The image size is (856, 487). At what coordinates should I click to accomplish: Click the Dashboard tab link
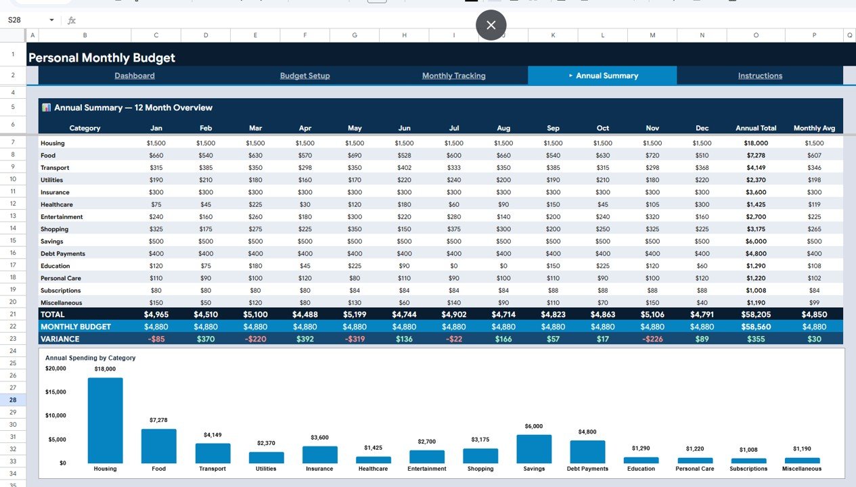click(x=134, y=76)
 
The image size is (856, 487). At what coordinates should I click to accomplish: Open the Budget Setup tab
click(x=305, y=76)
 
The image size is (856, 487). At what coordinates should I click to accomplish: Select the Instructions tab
click(x=760, y=76)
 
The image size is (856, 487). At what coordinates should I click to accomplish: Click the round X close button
click(x=491, y=25)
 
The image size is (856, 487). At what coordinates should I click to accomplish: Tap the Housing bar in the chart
click(x=105, y=421)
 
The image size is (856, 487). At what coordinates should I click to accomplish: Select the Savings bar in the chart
click(x=534, y=449)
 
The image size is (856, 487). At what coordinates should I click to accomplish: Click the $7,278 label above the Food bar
click(x=158, y=420)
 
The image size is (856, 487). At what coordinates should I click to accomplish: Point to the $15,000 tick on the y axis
click(x=55, y=392)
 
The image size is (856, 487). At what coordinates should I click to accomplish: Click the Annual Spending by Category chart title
click(x=90, y=358)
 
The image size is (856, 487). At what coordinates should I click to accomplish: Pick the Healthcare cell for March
click(x=255, y=204)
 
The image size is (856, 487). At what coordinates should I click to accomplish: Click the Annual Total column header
click(x=756, y=128)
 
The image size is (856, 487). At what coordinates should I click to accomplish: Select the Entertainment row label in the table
click(x=62, y=216)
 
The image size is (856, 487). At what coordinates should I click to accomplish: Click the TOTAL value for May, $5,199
click(x=355, y=314)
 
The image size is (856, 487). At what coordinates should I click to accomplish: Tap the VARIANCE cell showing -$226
click(x=652, y=339)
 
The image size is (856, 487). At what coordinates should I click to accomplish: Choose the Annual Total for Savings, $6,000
click(x=756, y=241)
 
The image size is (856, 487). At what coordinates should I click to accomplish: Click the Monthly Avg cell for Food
click(x=814, y=156)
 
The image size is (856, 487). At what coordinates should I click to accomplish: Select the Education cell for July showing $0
click(x=454, y=266)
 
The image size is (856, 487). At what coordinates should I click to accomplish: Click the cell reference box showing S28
click(x=27, y=20)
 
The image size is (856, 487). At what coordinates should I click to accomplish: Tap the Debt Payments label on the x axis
click(x=587, y=469)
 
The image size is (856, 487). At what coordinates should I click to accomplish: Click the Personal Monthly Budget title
click(x=102, y=58)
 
